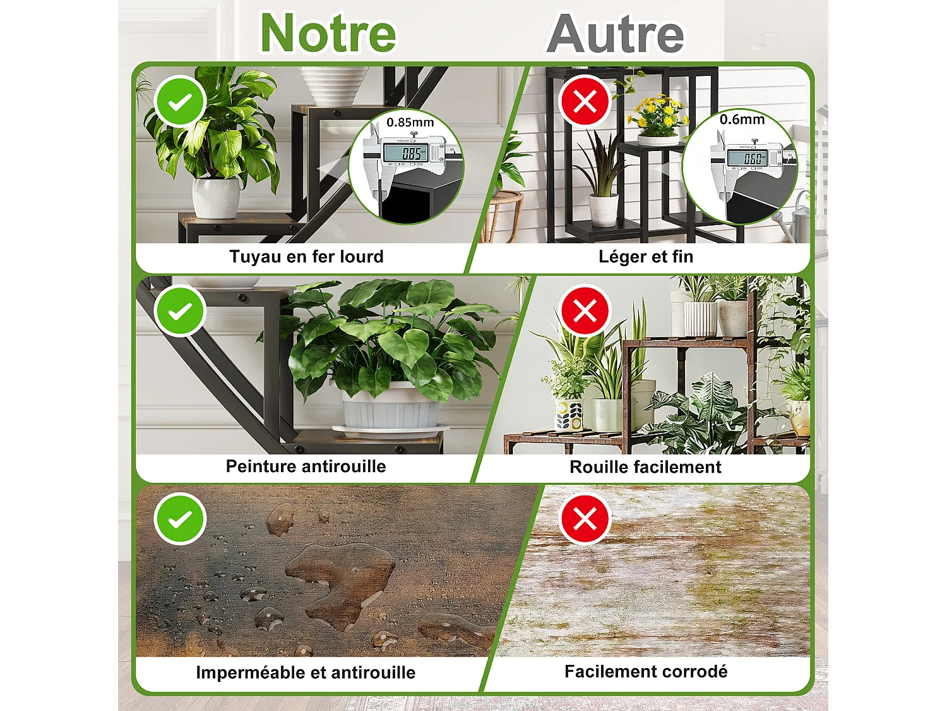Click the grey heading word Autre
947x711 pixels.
point(616,34)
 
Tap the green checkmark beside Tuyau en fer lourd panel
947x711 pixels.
point(180,101)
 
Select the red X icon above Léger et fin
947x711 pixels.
point(585,101)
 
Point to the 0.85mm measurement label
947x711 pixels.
point(410,122)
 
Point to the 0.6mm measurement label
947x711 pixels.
point(742,119)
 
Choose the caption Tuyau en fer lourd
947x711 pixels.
point(306,257)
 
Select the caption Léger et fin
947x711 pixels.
point(646,257)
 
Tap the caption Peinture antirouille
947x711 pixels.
point(306,466)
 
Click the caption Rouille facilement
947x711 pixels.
point(645,467)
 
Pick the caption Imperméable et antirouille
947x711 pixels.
point(306,672)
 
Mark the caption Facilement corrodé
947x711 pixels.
point(646,671)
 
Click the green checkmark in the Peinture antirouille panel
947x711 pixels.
point(180,311)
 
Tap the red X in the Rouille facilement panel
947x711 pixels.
point(585,311)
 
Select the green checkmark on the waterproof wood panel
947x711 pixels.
point(180,520)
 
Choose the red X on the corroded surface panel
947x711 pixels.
point(585,520)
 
